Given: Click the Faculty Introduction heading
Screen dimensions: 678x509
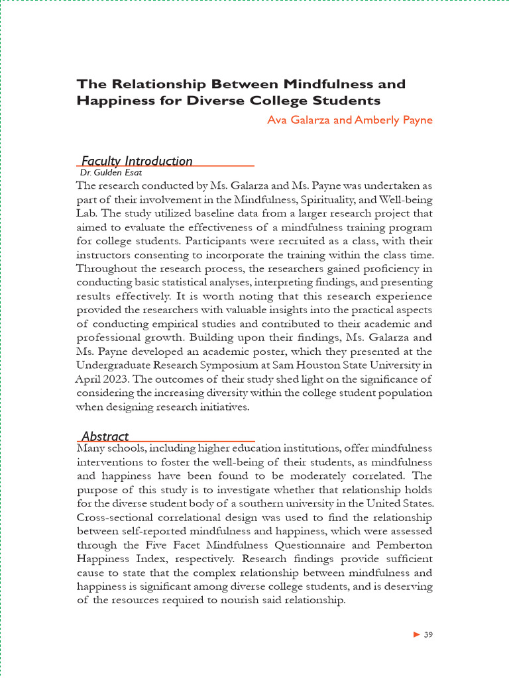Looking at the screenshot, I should (137, 161).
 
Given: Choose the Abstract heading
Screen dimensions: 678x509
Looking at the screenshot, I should (105, 436).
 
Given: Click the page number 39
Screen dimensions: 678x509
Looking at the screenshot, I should (428, 635).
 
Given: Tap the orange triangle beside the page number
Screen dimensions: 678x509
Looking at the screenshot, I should (416, 635).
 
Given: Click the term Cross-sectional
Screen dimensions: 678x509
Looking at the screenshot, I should (113, 517).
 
